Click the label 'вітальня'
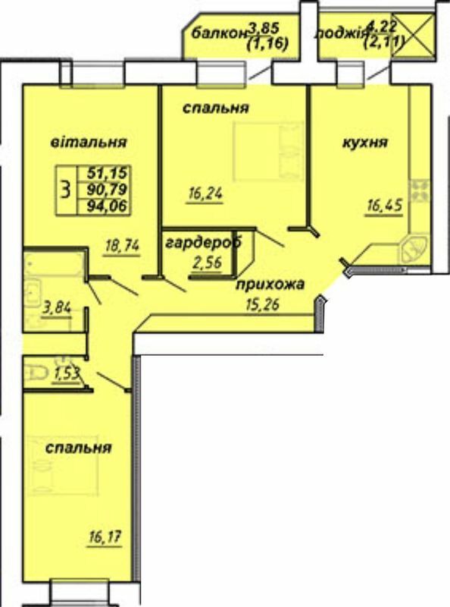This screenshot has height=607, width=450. (x=89, y=143)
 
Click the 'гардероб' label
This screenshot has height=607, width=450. (x=203, y=242)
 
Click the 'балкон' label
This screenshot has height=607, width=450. (x=220, y=33)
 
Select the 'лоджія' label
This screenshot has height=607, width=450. (x=342, y=33)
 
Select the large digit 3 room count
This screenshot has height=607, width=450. (x=68, y=187)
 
